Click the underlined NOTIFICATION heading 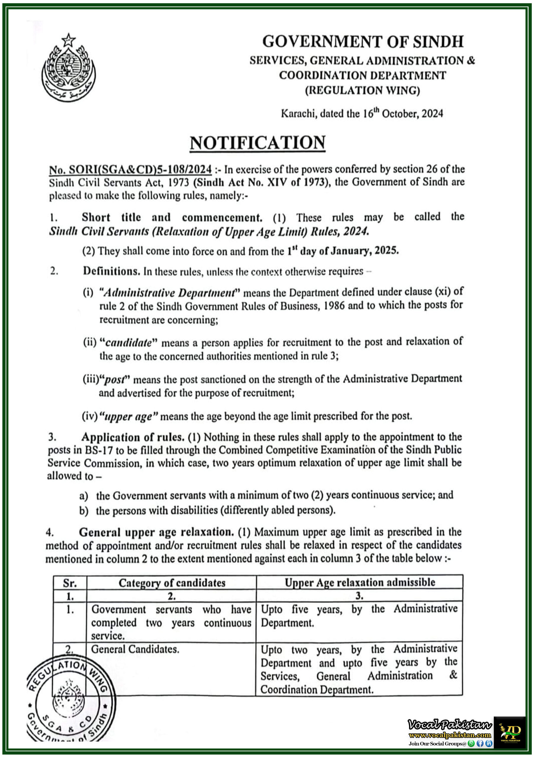click(x=257, y=143)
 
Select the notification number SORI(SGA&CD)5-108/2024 click(x=130, y=170)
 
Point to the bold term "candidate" click(x=128, y=343)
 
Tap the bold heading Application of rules click(x=132, y=437)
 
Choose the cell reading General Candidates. click(x=135, y=649)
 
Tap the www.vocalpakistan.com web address click(x=450, y=735)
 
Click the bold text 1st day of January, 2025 click(x=343, y=251)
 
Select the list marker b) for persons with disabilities click(x=83, y=511)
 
